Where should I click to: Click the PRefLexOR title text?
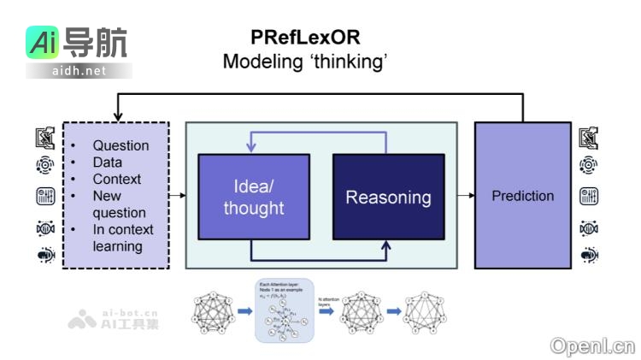pyautogui.click(x=305, y=38)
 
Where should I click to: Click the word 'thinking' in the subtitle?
pyautogui.click(x=346, y=62)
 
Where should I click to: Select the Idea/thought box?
pyautogui.click(x=253, y=197)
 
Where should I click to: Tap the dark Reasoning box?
pyautogui.click(x=388, y=197)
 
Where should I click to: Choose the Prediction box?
pyautogui.click(x=522, y=196)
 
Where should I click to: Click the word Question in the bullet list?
pyautogui.click(x=121, y=145)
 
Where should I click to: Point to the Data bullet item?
pyautogui.click(x=108, y=162)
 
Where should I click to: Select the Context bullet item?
pyautogui.click(x=117, y=179)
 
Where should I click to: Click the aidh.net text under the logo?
pyautogui.click(x=79, y=71)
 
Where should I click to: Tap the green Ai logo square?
pyautogui.click(x=42, y=44)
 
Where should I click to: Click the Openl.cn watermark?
pyautogui.click(x=592, y=345)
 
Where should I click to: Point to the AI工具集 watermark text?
pyautogui.click(x=129, y=323)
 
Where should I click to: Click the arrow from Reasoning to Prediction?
pyautogui.click(x=465, y=196)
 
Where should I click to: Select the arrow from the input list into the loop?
pyautogui.click(x=177, y=196)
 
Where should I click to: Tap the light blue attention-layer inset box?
pyautogui.click(x=285, y=310)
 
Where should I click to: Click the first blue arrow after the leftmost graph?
pyautogui.click(x=244, y=311)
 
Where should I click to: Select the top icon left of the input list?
pyautogui.click(x=45, y=137)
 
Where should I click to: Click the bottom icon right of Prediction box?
pyautogui.click(x=589, y=254)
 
